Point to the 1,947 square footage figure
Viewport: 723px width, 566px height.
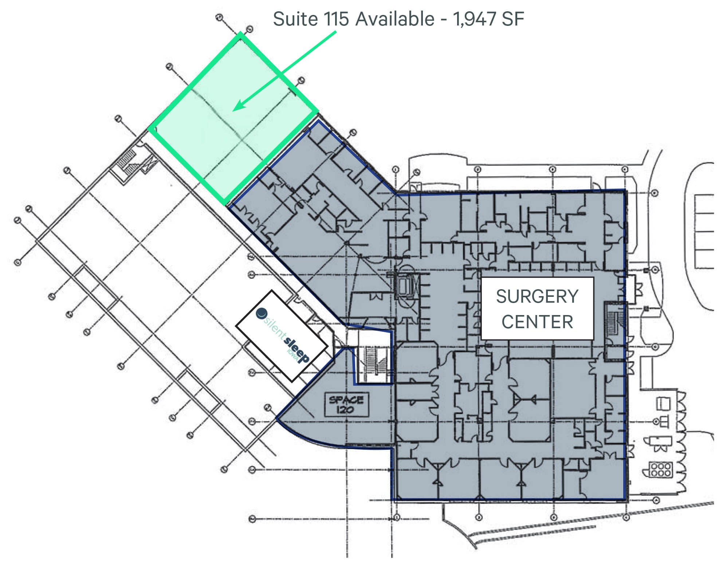click(474, 19)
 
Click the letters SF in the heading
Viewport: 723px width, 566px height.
click(512, 19)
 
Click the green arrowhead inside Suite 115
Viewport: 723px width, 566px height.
click(237, 107)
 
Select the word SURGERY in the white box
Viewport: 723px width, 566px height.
click(537, 296)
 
